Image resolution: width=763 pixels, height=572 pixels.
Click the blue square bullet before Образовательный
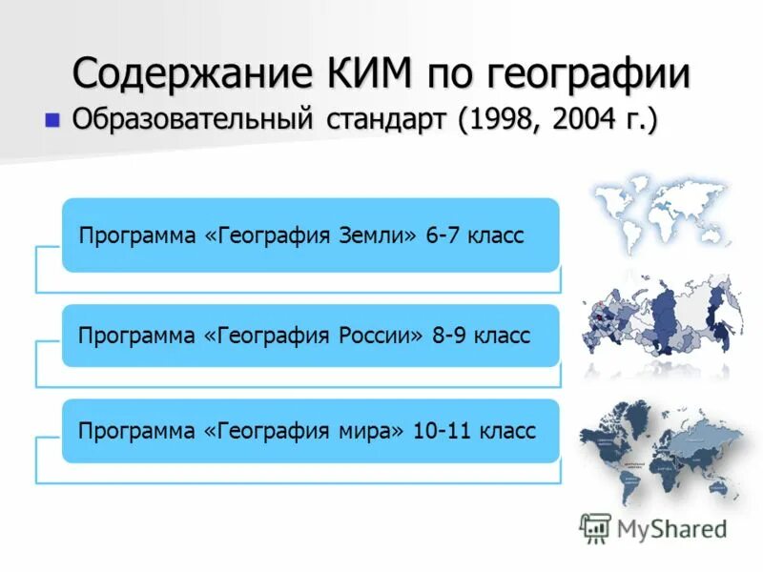click(x=52, y=120)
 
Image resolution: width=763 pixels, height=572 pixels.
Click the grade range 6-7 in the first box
click(x=443, y=235)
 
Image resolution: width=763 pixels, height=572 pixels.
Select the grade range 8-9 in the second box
click(x=449, y=336)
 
